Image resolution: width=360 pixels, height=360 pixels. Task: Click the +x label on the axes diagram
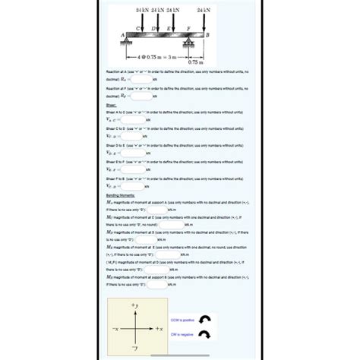pyautogui.click(x=159, y=328)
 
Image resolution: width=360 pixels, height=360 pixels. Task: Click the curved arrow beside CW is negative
pyautogui.click(x=204, y=335)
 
